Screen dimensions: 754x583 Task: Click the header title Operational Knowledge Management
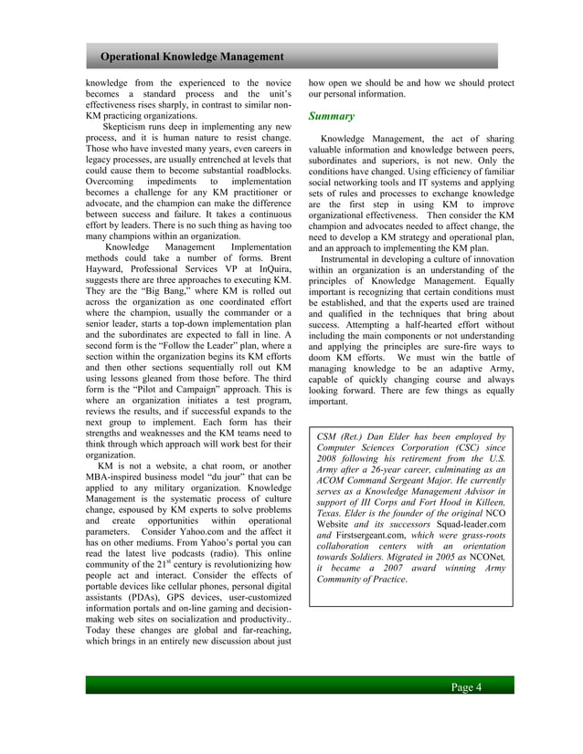(192, 58)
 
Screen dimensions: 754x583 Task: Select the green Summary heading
(330, 117)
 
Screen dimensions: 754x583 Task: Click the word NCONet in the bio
(484, 556)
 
